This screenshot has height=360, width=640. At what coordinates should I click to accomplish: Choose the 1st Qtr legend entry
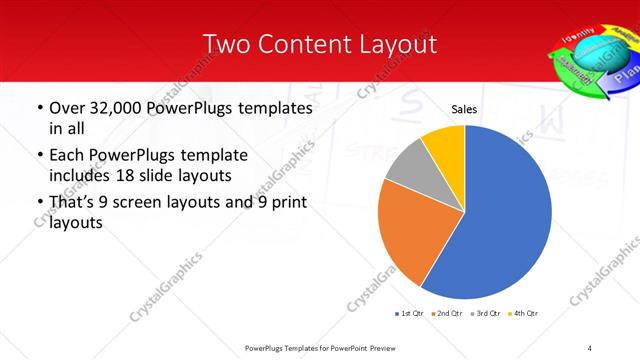pyautogui.click(x=409, y=313)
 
